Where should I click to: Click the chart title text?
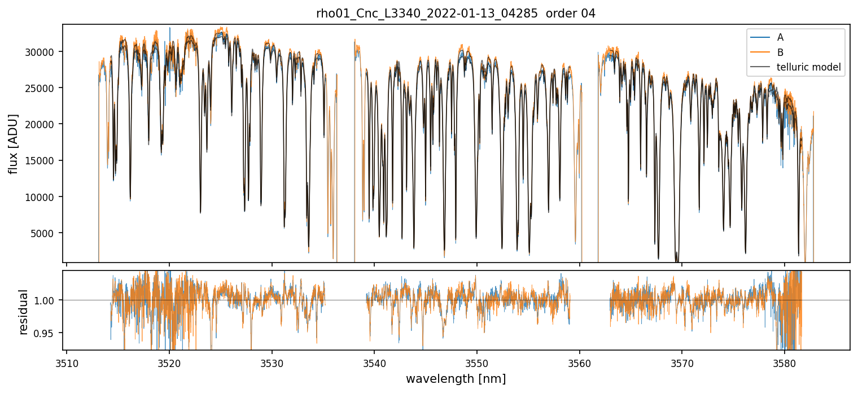tap(456, 14)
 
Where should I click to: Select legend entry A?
tap(780, 37)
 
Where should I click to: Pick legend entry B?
tap(780, 53)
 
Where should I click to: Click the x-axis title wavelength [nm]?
tap(456, 379)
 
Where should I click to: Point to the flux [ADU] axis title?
tap(13, 143)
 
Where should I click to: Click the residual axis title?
tap(24, 312)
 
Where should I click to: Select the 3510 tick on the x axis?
tap(67, 361)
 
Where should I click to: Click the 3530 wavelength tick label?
tap(272, 361)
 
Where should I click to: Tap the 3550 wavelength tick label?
tap(477, 361)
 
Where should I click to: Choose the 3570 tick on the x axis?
tap(682, 361)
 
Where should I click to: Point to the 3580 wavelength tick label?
tap(785, 361)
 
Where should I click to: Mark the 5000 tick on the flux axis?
tap(45, 233)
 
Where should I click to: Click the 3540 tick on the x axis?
tap(374, 361)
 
